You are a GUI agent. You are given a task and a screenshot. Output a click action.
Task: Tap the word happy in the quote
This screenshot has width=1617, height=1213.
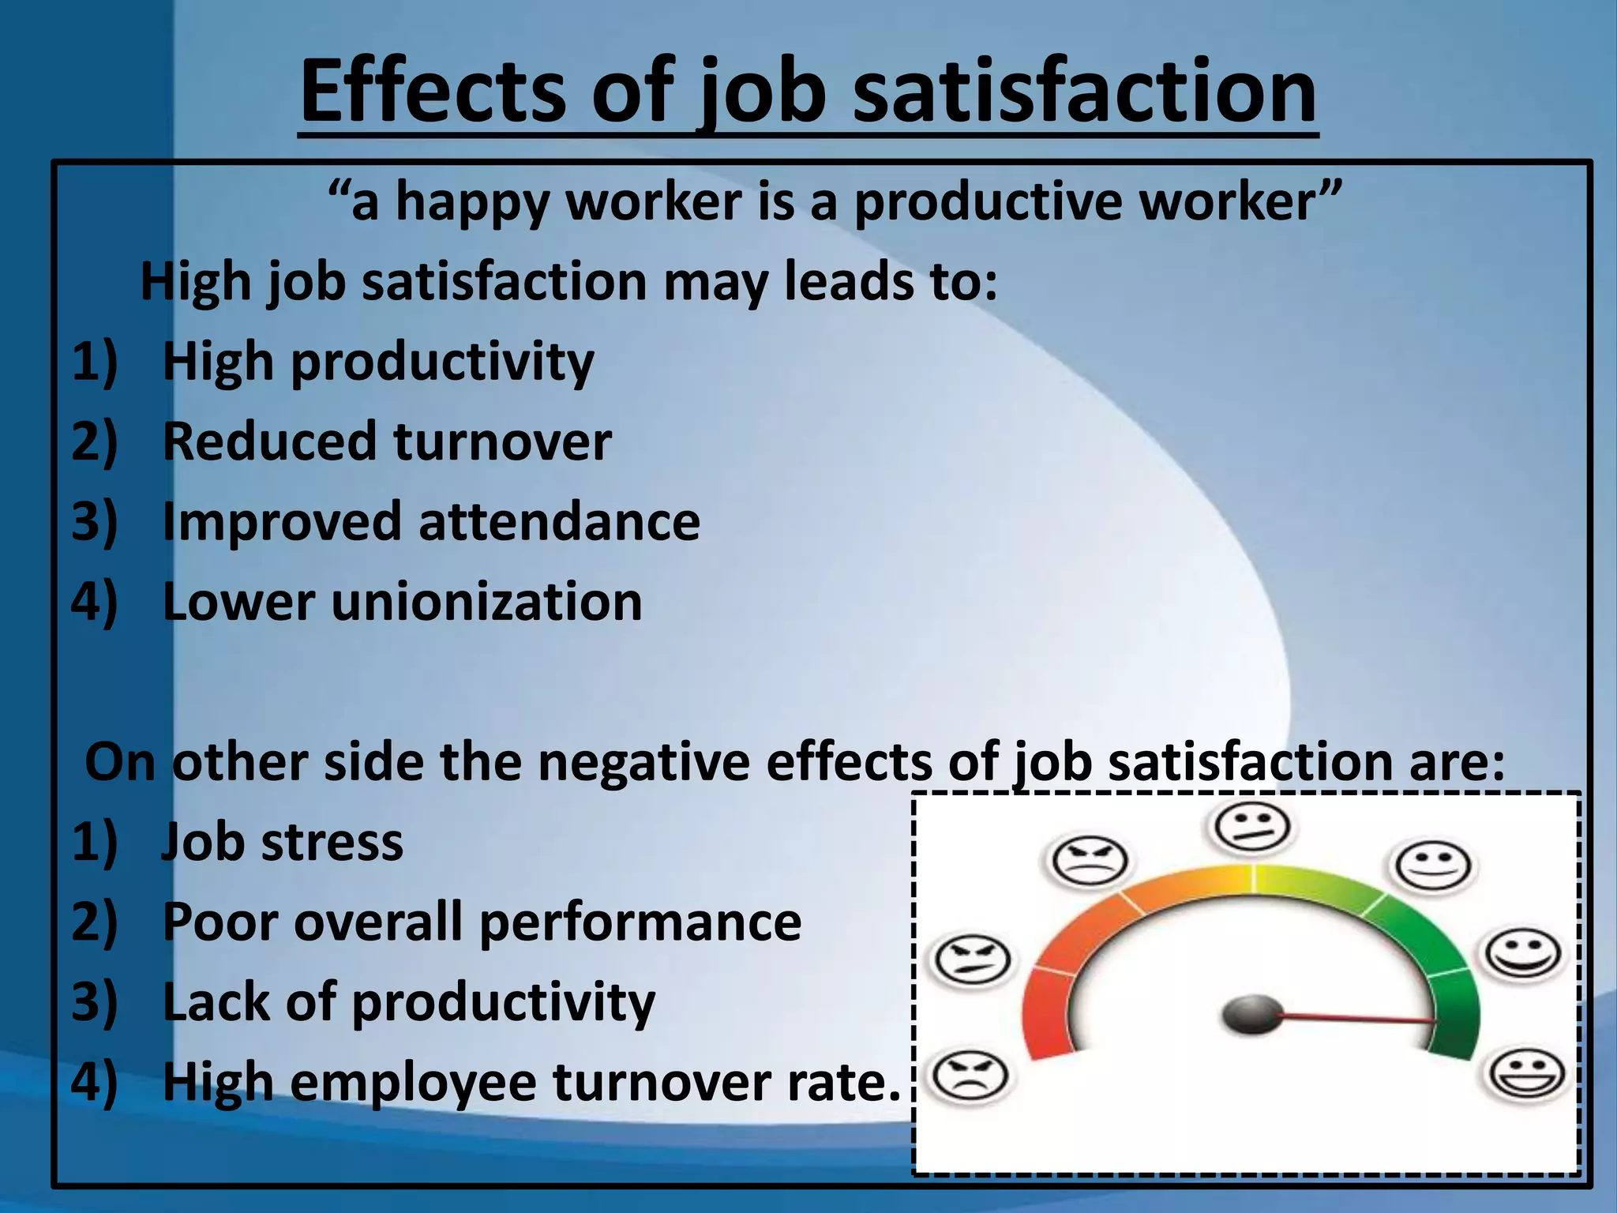pyautogui.click(x=471, y=203)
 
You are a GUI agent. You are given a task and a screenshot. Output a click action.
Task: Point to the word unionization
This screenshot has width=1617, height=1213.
pyautogui.click(x=486, y=602)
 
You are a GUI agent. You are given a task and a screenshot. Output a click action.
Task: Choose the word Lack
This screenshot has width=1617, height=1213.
pyautogui.click(x=215, y=1001)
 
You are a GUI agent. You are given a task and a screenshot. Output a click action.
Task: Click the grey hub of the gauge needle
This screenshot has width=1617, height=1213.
pyautogui.click(x=1251, y=1015)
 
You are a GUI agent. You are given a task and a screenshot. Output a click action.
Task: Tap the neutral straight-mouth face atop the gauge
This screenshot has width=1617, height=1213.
pyautogui.click(x=1251, y=828)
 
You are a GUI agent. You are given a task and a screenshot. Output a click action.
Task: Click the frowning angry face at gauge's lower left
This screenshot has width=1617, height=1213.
pyautogui.click(x=969, y=1076)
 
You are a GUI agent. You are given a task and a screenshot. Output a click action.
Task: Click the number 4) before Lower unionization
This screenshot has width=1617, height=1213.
pyautogui.click(x=94, y=602)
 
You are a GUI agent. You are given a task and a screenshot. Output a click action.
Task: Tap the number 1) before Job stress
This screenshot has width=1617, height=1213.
pyautogui.click(x=94, y=842)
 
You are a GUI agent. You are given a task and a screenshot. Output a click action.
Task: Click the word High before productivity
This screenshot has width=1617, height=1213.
pyautogui.click(x=218, y=362)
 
